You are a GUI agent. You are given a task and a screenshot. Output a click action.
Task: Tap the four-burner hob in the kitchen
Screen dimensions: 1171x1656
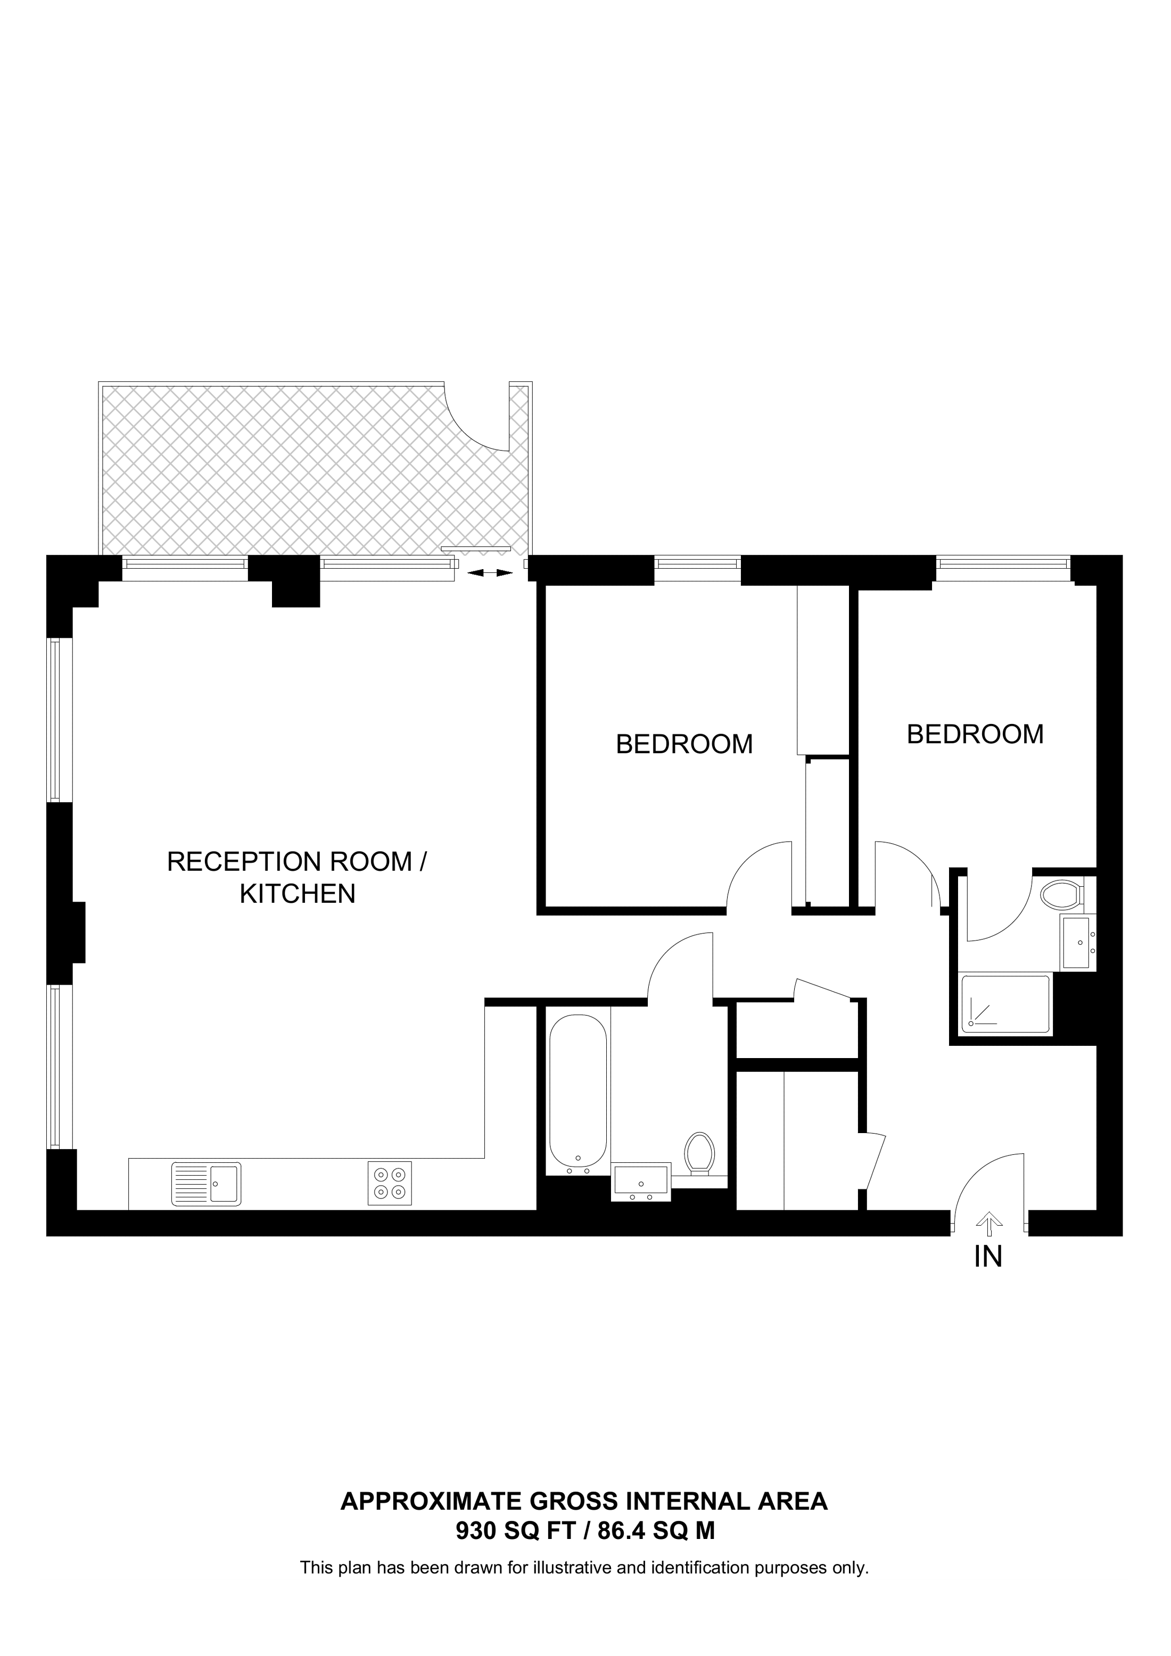point(390,1183)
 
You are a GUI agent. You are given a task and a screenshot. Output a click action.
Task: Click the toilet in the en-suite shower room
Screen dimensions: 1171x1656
point(1063,895)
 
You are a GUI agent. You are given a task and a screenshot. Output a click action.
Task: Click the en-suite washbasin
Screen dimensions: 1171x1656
point(1078,942)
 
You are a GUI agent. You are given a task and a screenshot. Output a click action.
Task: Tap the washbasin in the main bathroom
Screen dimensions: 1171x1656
point(641,1182)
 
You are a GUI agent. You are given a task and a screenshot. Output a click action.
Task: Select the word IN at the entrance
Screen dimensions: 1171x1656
point(988,1257)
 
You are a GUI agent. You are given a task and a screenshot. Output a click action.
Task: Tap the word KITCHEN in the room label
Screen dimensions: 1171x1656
point(297,894)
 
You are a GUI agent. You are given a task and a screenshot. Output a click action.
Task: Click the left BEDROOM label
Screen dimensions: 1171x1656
point(684,744)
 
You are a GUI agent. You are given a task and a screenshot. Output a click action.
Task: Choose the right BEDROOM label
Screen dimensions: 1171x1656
point(975,734)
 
